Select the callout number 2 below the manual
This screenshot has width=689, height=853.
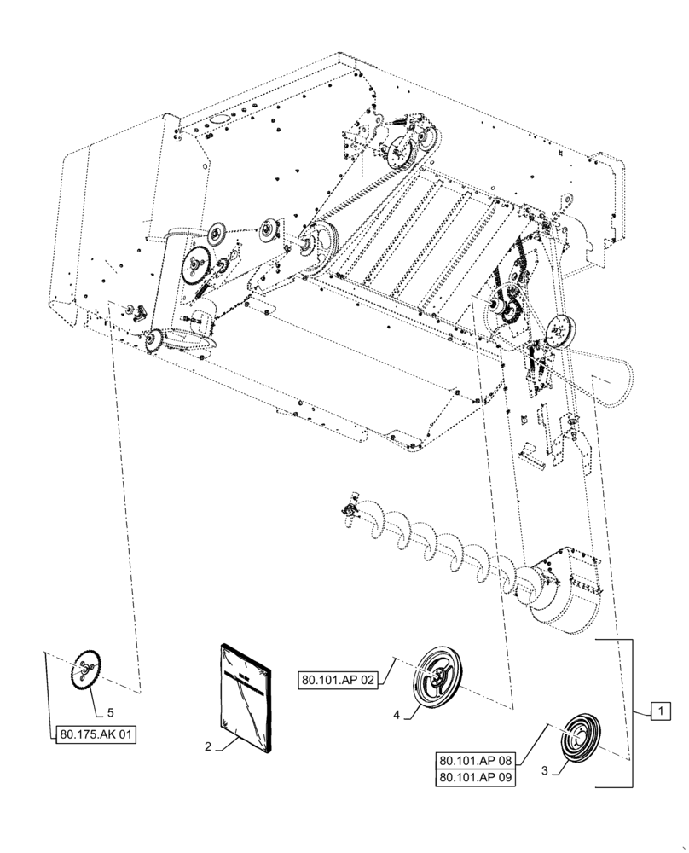pyautogui.click(x=207, y=746)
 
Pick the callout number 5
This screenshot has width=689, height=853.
pyautogui.click(x=109, y=710)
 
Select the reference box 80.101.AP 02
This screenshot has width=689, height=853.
pyautogui.click(x=339, y=681)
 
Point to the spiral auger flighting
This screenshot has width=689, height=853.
pyautogui.click(x=443, y=546)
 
